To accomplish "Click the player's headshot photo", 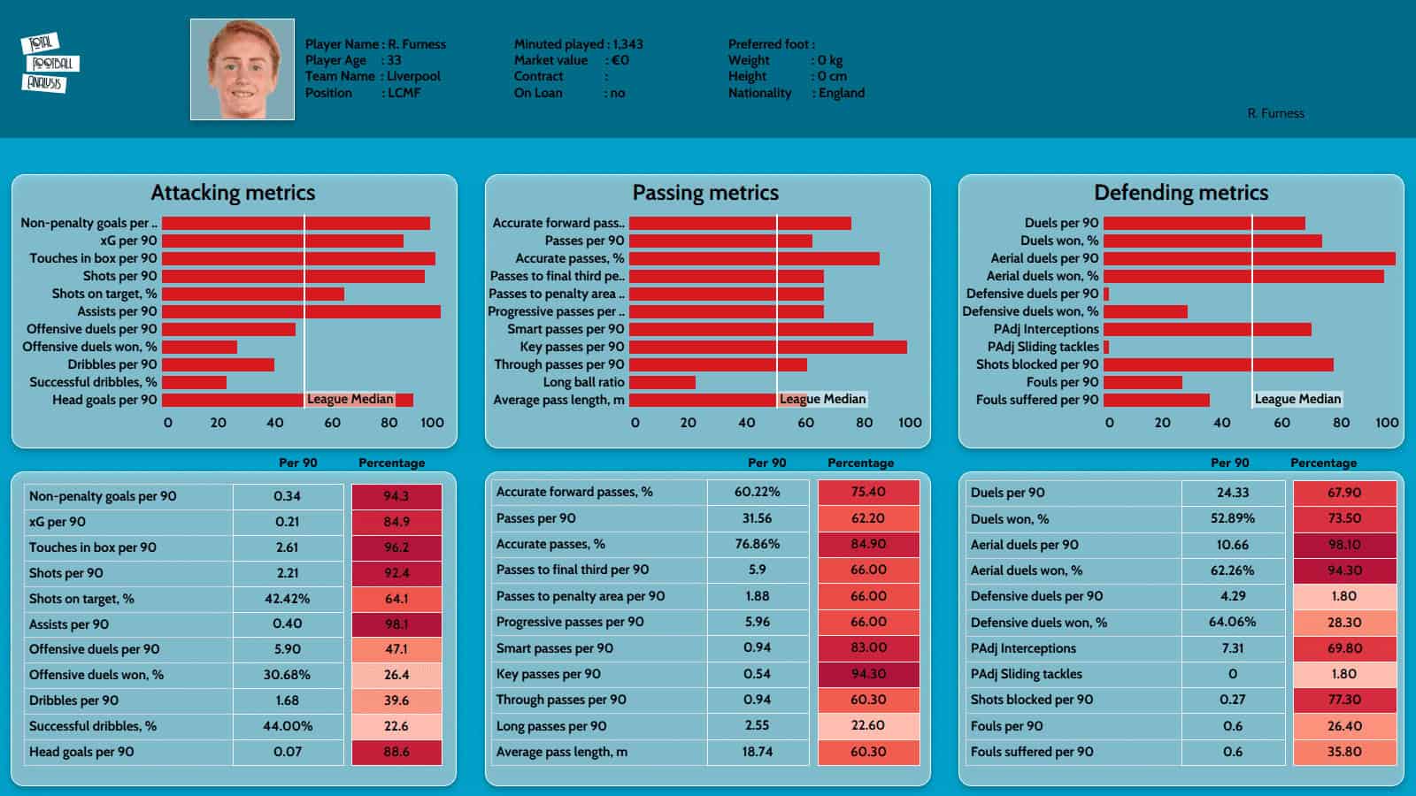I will tap(242, 69).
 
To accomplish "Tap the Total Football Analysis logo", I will tap(50, 63).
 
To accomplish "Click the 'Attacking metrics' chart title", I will tap(233, 193).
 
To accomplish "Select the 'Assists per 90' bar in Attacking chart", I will tap(301, 311).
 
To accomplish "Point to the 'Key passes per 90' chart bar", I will tap(767, 347).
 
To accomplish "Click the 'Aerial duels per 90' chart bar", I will tap(1249, 258).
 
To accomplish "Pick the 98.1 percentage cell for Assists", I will tap(396, 624).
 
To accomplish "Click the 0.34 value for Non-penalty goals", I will tap(288, 496).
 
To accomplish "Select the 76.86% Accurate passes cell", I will tap(758, 544).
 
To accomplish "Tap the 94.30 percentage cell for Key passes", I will tap(868, 674).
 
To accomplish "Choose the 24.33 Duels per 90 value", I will tap(1233, 493).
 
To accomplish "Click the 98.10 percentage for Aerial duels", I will tap(1344, 545).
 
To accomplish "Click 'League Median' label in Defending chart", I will tap(1297, 399).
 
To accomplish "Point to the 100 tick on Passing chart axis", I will tap(910, 423).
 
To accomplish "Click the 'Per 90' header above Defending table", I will tap(1230, 463).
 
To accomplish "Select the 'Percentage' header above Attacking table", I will tap(391, 463).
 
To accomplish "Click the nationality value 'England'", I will tap(842, 93).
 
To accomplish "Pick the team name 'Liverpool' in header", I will tap(413, 76).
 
